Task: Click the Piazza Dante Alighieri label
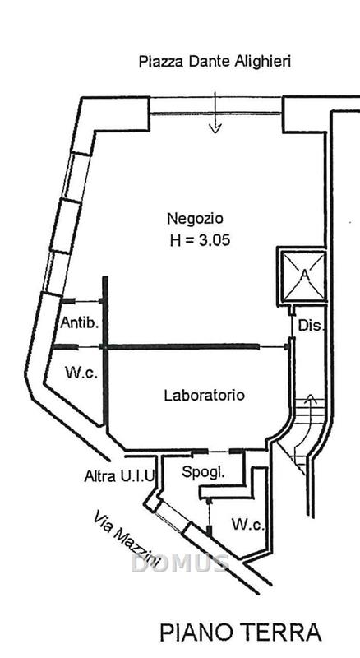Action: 215,63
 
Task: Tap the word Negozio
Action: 195,219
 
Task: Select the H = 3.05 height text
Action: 201,240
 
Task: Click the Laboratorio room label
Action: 205,396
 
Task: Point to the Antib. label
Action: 80,322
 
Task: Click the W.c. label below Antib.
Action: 81,373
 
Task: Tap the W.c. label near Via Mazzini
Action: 248,525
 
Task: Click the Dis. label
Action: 312,325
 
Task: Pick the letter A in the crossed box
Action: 305,275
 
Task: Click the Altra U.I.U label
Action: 119,476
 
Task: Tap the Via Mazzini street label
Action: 127,540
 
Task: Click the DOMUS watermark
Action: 180,563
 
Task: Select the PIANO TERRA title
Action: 241,633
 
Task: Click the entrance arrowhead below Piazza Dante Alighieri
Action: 215,128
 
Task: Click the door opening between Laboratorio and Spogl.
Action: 218,452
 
